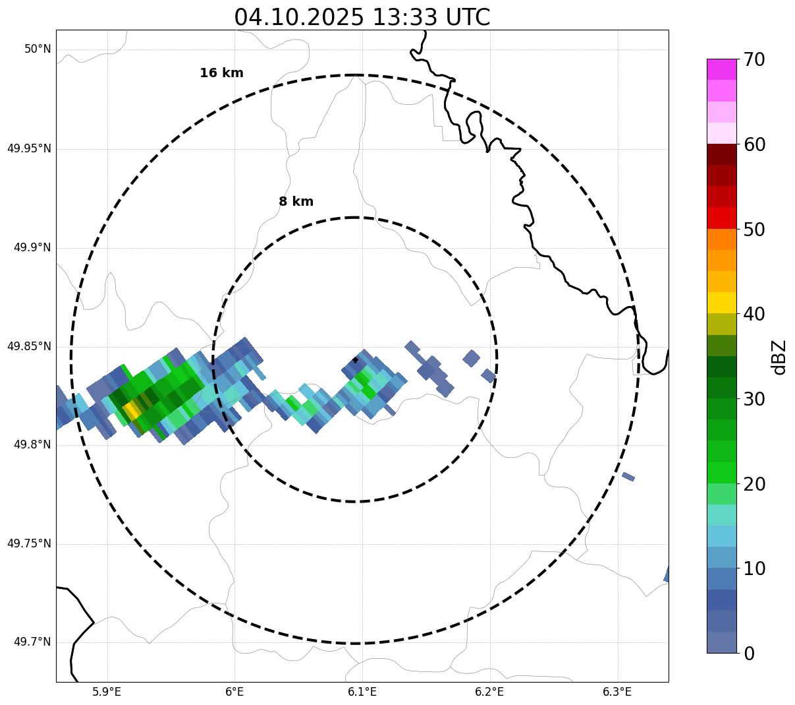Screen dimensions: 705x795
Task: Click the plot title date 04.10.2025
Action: (298, 17)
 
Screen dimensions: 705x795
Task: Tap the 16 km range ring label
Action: (221, 73)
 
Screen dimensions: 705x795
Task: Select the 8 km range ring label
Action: (296, 202)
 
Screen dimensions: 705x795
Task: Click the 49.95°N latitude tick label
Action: (29, 148)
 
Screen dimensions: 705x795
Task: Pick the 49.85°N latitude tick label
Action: (29, 346)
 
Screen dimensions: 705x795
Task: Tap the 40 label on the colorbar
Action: (754, 315)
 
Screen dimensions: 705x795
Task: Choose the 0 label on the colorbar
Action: (749, 654)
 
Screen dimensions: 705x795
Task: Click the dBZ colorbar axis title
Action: (780, 357)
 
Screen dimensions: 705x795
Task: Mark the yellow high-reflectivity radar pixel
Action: (131, 411)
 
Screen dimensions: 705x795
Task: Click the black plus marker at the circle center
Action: (356, 359)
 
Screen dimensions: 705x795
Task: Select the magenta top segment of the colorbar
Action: (721, 69)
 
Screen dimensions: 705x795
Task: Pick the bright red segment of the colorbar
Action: (721, 218)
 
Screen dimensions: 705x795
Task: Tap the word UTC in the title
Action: (468, 17)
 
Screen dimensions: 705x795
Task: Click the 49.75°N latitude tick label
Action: (29, 543)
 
